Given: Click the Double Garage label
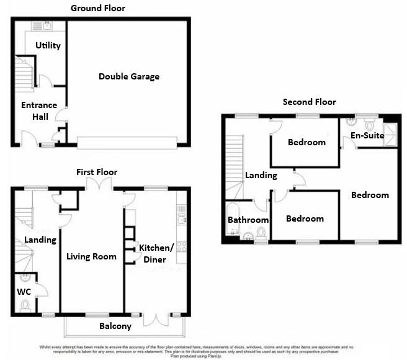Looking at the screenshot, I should click(129, 76).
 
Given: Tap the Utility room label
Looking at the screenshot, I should click(48, 45).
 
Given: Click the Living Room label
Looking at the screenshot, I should click(91, 256).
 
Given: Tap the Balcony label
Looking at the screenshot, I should click(115, 326).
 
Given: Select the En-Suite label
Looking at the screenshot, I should click(366, 135).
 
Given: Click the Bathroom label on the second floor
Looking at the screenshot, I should click(248, 220).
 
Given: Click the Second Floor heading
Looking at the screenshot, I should click(309, 102).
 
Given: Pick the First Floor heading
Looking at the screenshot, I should click(96, 172).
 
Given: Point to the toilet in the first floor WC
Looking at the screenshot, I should click(25, 304).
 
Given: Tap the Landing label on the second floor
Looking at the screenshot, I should click(256, 176).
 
